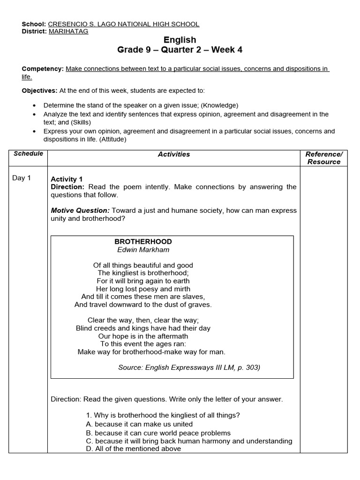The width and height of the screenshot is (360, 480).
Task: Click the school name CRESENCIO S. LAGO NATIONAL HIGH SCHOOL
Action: pyautogui.click(x=124, y=24)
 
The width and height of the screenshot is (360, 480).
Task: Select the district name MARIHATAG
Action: pyautogui.click(x=68, y=31)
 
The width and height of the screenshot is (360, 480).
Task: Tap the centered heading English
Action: pyautogui.click(x=180, y=40)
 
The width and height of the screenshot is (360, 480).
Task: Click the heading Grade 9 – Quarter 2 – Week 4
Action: pyautogui.click(x=180, y=50)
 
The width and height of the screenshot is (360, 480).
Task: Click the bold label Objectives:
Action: pyautogui.click(x=39, y=90)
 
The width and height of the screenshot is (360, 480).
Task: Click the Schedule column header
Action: pyautogui.click(x=28, y=154)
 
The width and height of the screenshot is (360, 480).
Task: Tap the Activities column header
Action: pyautogui.click(x=174, y=154)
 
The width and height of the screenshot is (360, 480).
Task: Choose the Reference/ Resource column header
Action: pyautogui.click(x=324, y=158)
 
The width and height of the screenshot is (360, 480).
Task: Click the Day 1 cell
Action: pyautogui.click(x=22, y=178)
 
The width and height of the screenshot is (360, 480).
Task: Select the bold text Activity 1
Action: pyautogui.click(x=67, y=179)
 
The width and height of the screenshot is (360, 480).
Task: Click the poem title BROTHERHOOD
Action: pyautogui.click(x=143, y=241)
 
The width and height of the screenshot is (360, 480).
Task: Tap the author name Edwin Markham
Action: pyautogui.click(x=143, y=250)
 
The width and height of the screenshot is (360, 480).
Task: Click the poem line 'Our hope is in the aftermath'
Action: pyautogui.click(x=143, y=336)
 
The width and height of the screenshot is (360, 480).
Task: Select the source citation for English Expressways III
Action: pyautogui.click(x=189, y=367)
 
